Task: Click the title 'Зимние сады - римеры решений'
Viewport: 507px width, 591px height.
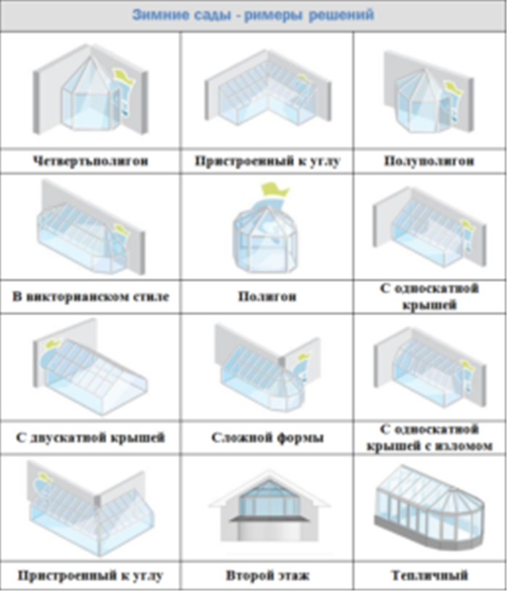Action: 253,15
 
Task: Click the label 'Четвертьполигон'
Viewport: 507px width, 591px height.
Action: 91,161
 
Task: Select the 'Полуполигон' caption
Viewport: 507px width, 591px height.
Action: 429,161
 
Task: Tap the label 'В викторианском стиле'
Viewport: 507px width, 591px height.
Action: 91,297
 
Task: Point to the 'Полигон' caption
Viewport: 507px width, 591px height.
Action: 267,297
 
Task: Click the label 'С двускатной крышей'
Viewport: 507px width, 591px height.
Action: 91,438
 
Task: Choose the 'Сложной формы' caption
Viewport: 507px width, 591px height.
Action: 267,438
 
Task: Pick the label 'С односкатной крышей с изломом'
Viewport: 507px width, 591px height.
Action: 430,438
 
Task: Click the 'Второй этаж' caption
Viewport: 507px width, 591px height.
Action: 267,576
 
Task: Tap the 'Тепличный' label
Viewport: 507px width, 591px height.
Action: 430,576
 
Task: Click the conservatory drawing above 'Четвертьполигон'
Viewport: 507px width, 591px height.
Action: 91,89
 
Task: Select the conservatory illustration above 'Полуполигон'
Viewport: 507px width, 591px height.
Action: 429,92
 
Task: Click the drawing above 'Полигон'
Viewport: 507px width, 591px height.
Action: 265,228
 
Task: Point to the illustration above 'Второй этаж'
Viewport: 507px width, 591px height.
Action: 269,506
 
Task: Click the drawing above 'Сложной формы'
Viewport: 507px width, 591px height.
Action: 267,368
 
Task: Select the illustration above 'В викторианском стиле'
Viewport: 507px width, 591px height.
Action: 91,228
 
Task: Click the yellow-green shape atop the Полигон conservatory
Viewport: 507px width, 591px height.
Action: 275,190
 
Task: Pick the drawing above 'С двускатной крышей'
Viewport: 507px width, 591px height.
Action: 90,367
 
